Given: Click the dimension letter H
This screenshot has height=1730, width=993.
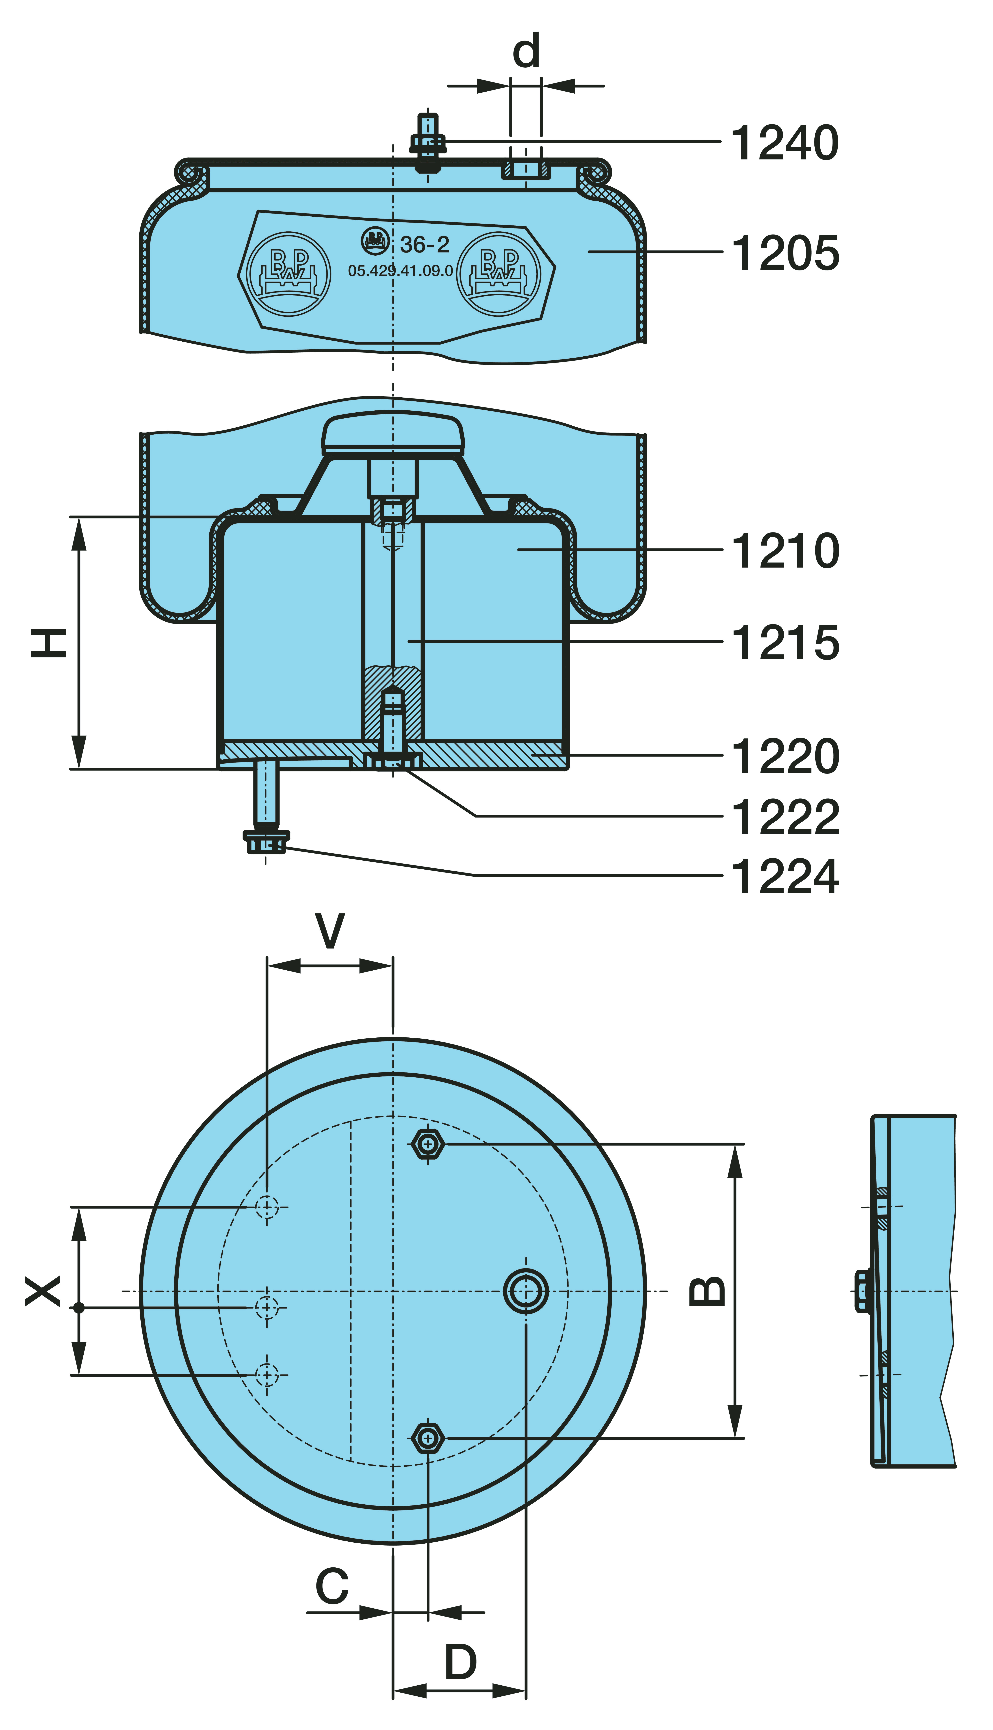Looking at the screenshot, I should point(49,643).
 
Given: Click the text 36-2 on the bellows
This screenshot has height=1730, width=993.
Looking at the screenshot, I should point(424,244).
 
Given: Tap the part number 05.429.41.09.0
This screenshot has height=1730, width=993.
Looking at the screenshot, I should point(400,271).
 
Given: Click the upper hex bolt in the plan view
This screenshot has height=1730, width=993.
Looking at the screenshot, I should point(428,1144).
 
